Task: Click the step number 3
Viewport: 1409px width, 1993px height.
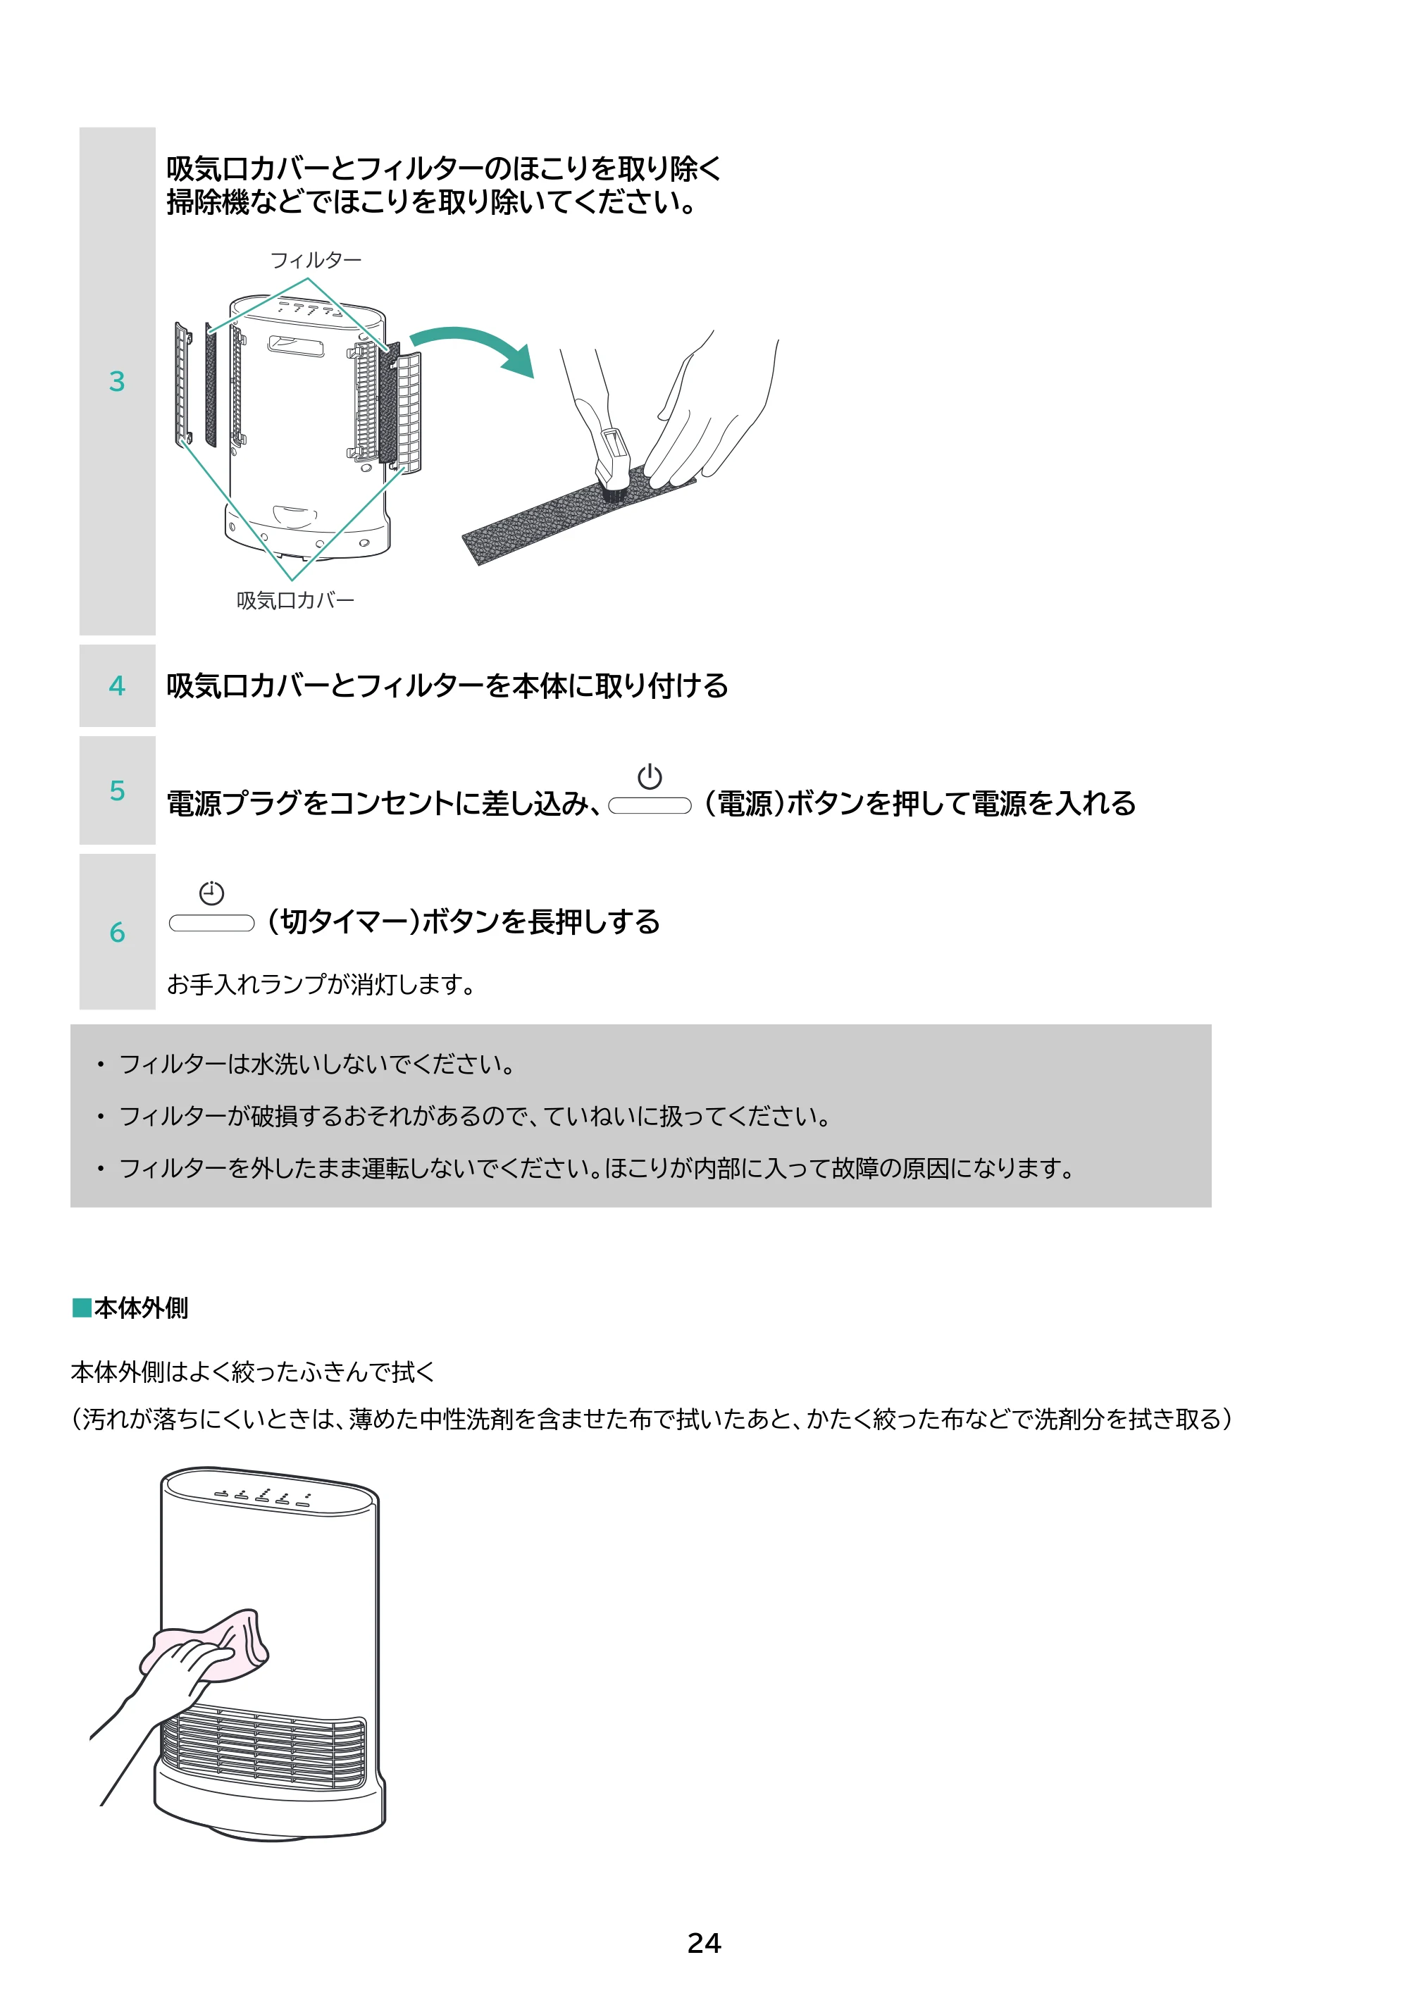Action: coord(117,381)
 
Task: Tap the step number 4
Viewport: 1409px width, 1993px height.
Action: coord(117,685)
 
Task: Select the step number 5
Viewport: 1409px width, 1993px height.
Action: coord(117,790)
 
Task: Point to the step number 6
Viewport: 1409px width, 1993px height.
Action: coord(117,932)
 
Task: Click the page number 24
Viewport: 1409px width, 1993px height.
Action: coord(704,1943)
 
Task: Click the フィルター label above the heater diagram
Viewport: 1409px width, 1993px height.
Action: coord(316,259)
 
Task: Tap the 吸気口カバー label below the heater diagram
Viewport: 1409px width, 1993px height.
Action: coord(295,600)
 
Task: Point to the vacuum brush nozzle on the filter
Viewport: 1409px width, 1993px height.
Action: coord(614,464)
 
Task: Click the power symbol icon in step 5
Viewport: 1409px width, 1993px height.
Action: coord(650,777)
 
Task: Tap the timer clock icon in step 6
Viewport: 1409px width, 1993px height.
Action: coord(212,893)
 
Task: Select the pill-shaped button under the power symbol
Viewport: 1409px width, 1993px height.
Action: coord(650,807)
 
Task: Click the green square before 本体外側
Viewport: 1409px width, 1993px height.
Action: coord(82,1308)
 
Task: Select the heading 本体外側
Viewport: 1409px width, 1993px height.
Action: coord(141,1308)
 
